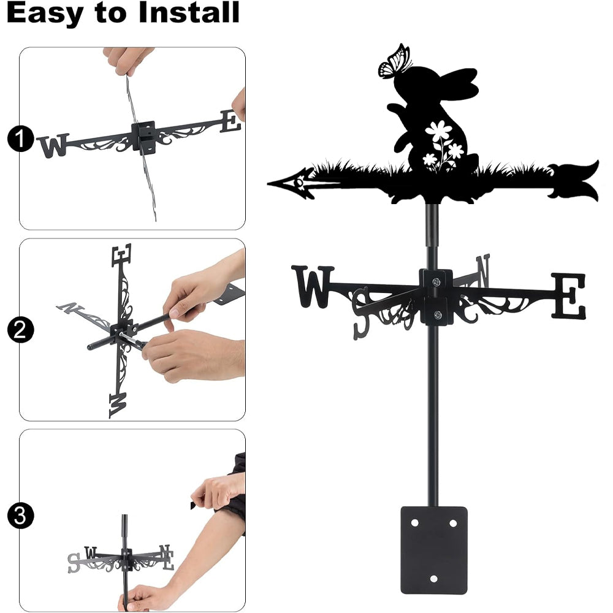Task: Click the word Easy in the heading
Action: coord(45,13)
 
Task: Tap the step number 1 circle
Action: coord(20,139)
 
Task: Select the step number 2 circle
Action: coord(20,330)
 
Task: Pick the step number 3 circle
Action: coord(20,516)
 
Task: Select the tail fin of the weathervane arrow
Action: coord(574,181)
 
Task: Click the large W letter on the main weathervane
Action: coord(313,286)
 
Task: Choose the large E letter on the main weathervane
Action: coord(568,295)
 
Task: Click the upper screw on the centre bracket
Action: coord(436,281)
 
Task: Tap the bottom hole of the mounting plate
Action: coord(433,579)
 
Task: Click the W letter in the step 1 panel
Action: coord(54,145)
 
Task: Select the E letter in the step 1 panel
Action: coord(230,121)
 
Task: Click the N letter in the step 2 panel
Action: coord(70,308)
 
